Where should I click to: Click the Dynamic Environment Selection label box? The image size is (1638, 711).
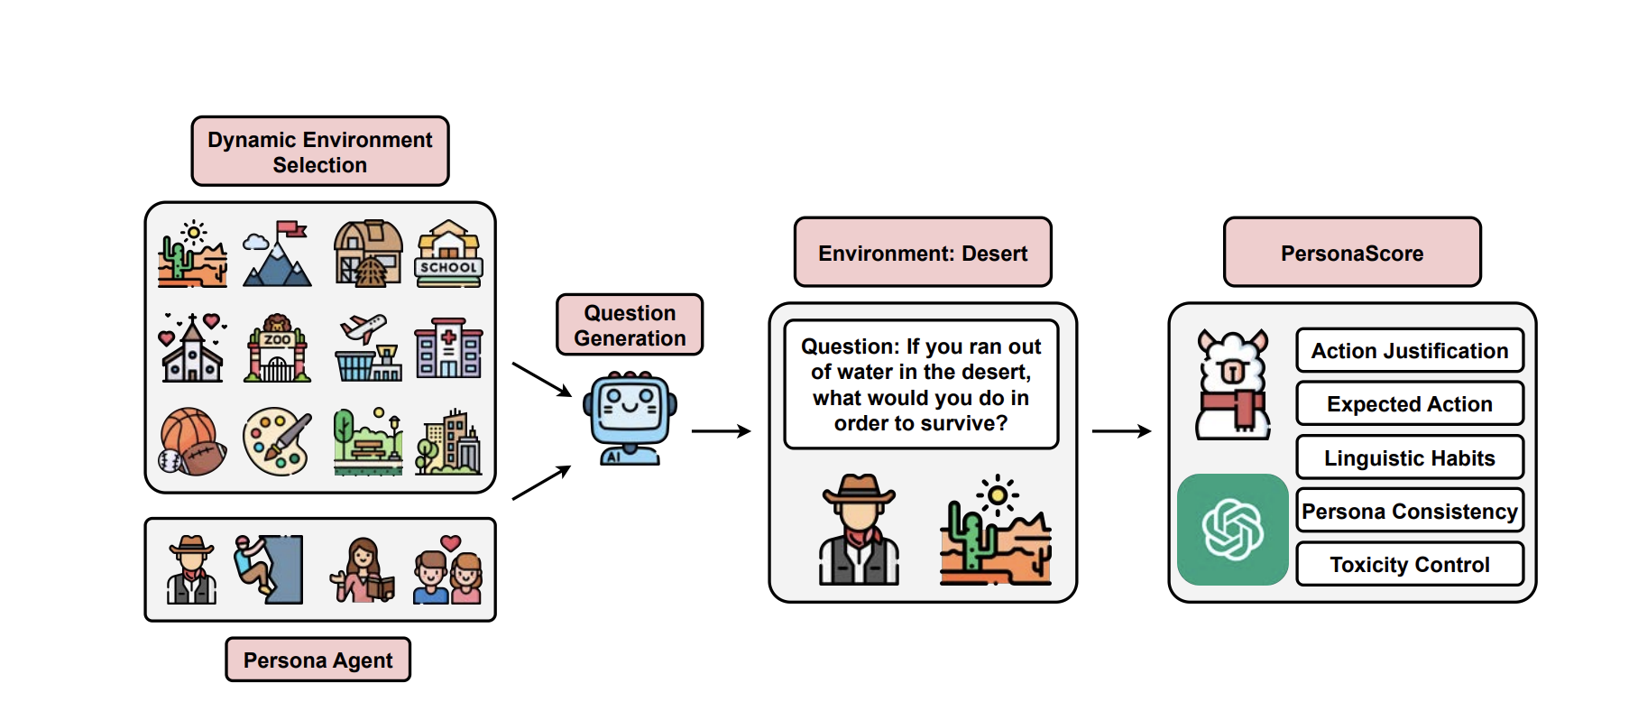coord(320,152)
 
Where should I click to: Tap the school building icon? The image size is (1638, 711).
coord(449,254)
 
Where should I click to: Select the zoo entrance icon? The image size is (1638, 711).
coord(277,349)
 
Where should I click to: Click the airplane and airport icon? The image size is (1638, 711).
coord(367,348)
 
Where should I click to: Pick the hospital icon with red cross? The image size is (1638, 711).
coord(448,348)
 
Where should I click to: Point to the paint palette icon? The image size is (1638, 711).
coord(277,442)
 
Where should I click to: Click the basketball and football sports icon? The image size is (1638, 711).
coord(192,442)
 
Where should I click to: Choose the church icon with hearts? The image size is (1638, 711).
coord(192,348)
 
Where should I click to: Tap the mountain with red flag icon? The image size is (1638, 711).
coord(277,254)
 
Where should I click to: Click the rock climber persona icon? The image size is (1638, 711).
coord(268,569)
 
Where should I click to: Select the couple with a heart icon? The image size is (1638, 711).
coord(448,569)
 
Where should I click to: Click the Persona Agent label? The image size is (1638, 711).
coord(317,660)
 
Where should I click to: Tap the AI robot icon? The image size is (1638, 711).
coord(630,418)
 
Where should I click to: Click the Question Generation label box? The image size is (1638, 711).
coord(630,325)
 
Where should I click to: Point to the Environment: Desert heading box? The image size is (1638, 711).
coord(923,253)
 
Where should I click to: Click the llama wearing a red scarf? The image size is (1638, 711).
coord(1232,385)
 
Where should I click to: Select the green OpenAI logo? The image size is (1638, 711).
coord(1232,530)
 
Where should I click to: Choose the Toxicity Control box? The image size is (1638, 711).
coord(1409,565)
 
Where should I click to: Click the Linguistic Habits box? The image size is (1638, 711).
coord(1409,458)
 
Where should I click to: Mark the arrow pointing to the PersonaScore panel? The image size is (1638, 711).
coord(1121,431)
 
